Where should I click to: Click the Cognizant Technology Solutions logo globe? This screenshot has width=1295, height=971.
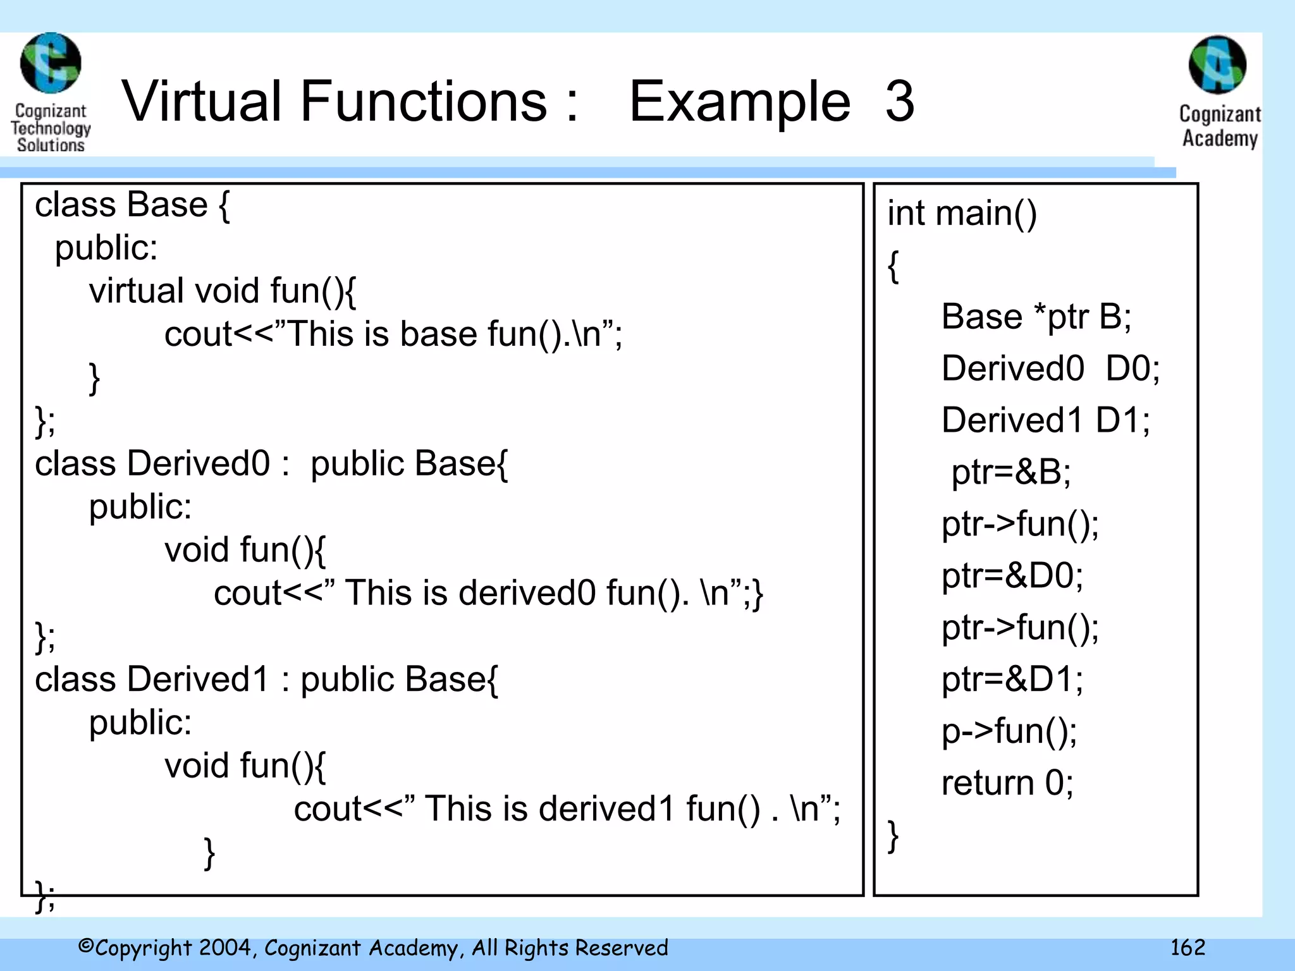pos(51,63)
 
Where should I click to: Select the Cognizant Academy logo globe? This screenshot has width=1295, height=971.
pos(1217,65)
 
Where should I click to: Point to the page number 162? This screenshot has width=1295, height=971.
pos(1188,947)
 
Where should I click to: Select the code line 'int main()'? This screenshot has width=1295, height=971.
pos(961,213)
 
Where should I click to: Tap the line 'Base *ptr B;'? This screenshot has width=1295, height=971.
pos(1036,317)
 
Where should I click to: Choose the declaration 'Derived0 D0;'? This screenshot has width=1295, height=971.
pos(1050,369)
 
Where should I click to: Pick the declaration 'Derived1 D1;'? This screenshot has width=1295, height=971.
pos(1045,420)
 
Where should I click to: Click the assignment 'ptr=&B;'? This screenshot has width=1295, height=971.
pos(1010,472)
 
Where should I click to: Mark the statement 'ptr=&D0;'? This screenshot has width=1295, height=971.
pos(1012,576)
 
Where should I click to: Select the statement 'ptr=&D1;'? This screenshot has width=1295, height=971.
pos(1012,680)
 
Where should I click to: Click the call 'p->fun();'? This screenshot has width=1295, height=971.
pos(1009,731)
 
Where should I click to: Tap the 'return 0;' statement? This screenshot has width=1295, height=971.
pos(1007,783)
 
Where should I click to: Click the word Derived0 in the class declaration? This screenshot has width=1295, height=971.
pos(199,463)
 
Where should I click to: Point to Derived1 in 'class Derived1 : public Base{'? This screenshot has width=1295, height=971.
pos(199,680)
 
